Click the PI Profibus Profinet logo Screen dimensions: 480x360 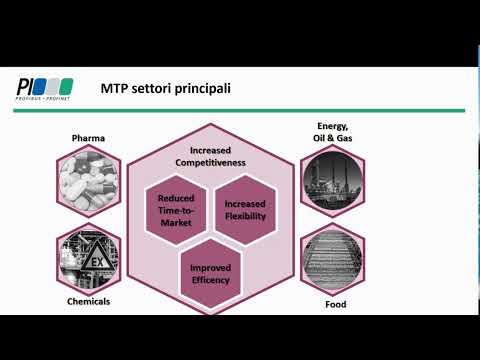pyautogui.click(x=45, y=88)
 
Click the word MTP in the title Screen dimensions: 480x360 pyautogui.click(x=115, y=89)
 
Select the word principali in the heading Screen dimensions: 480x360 pyautogui.click(x=201, y=89)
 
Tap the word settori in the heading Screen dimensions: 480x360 pyautogui.click(x=152, y=89)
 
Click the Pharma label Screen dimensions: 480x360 pyautogui.click(x=89, y=138)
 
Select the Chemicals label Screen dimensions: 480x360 pyautogui.click(x=90, y=300)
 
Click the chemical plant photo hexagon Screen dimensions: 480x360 pyautogui.click(x=89, y=257)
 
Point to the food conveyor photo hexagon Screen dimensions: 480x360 pyautogui.click(x=333, y=258)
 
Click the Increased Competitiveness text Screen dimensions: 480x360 pyautogui.click(x=211, y=155)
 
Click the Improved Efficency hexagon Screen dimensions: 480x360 pyautogui.click(x=210, y=273)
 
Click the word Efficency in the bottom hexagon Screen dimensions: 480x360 pyautogui.click(x=210, y=279)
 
